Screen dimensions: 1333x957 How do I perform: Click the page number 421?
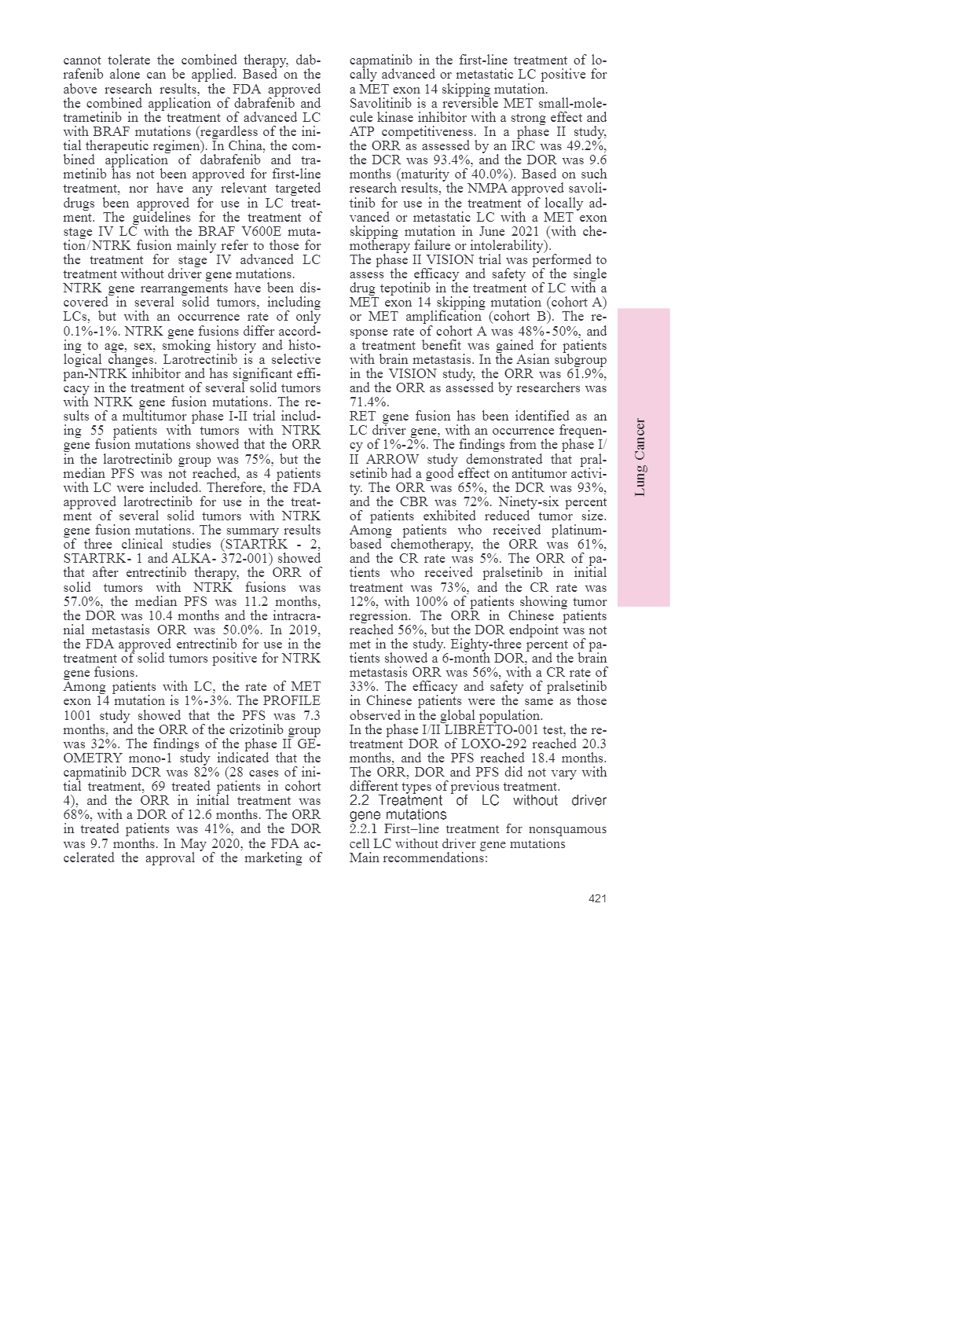point(597,898)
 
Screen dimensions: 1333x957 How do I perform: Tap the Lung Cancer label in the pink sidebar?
point(641,457)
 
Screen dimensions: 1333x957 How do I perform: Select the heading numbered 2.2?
point(478,807)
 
